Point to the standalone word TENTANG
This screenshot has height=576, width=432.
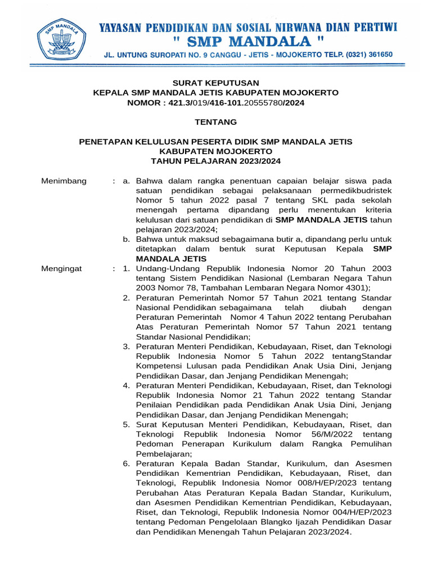216,122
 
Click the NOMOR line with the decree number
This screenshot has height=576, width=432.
216,102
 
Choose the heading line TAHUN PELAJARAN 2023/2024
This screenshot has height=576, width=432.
216,161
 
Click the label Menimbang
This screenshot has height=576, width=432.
64,181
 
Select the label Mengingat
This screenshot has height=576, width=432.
62,268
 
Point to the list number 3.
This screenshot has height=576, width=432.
127,346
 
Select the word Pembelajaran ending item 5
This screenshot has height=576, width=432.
164,454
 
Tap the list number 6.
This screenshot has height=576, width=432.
127,464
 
